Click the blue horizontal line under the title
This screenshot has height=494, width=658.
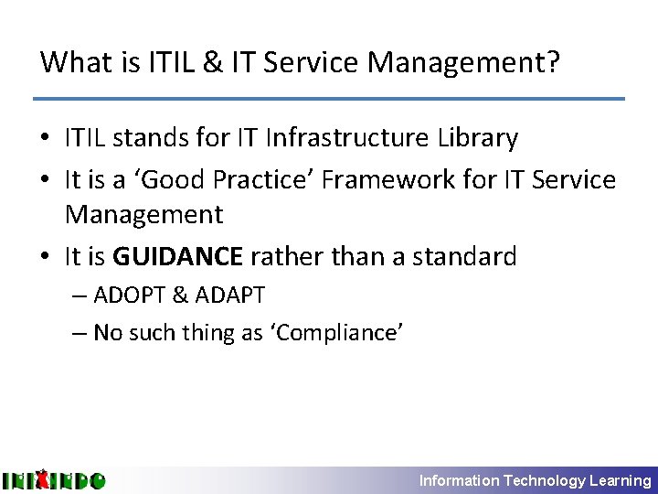coord(329,98)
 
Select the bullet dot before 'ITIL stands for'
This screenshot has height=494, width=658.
coord(46,139)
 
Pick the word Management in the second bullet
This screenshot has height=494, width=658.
coord(143,215)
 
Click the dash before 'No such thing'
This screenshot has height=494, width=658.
coord(80,333)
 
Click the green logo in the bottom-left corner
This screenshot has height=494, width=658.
coord(53,479)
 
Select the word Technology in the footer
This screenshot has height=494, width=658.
coord(545,480)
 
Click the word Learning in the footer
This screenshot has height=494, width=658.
coord(621,480)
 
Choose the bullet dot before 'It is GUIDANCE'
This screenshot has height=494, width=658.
coord(46,257)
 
